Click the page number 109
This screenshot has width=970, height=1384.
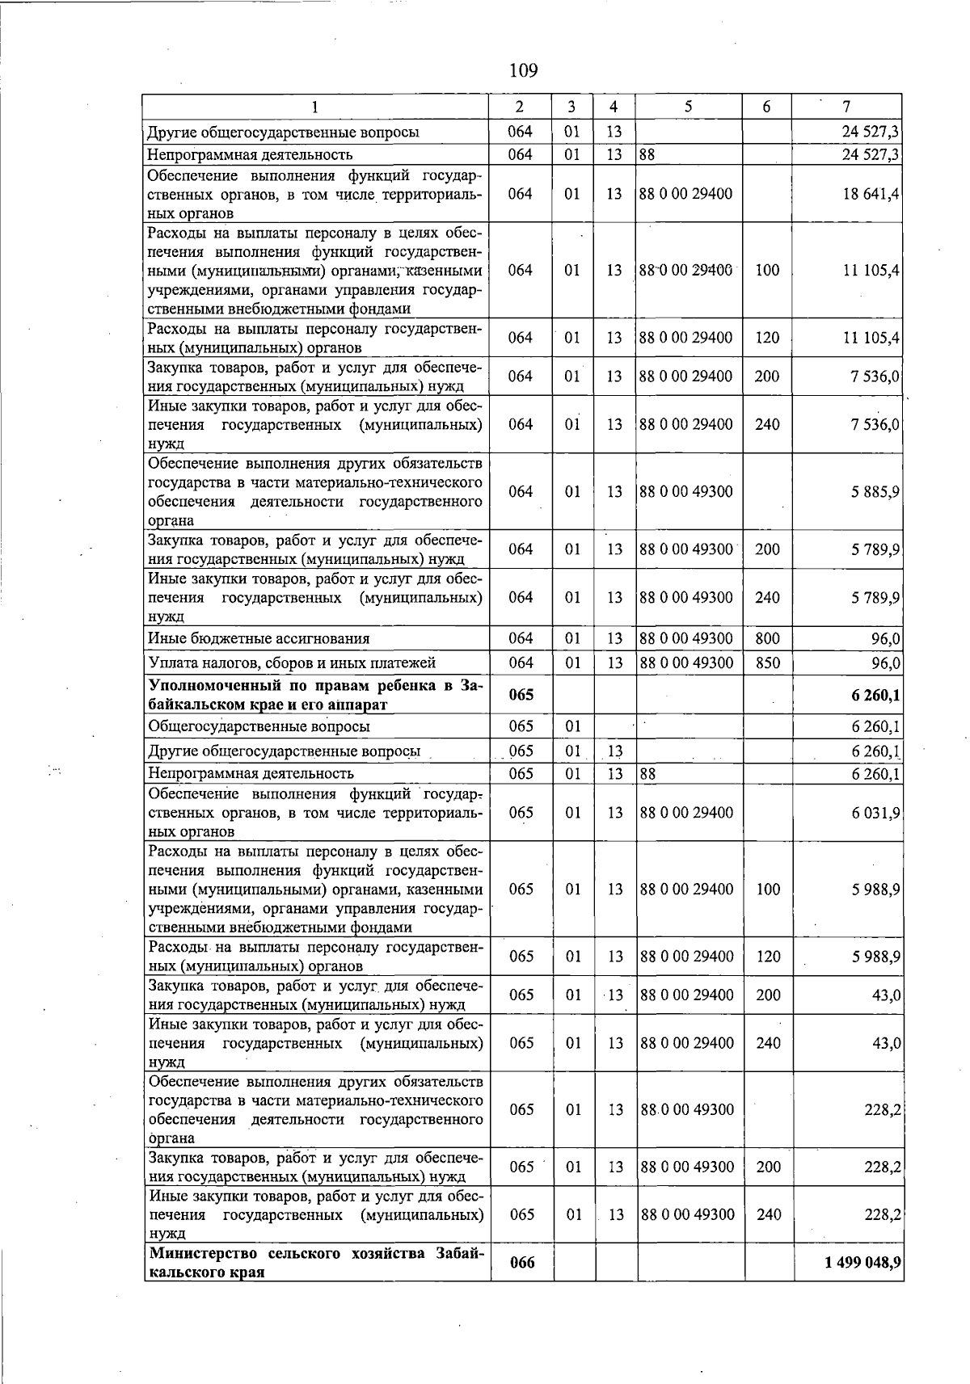(523, 71)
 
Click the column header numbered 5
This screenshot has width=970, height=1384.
(688, 107)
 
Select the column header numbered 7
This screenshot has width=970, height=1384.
(846, 107)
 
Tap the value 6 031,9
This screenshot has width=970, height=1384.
(875, 813)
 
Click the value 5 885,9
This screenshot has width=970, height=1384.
(875, 492)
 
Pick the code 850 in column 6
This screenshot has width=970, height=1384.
(767, 663)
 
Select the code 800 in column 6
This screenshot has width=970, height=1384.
(767, 638)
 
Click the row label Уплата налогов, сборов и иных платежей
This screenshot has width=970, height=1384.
(292, 663)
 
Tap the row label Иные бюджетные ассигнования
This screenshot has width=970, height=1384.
(259, 638)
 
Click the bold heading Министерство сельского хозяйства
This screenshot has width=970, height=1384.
(315, 1262)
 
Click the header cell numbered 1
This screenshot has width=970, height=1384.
(315, 107)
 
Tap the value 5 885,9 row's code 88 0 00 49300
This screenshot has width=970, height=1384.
(686, 492)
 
